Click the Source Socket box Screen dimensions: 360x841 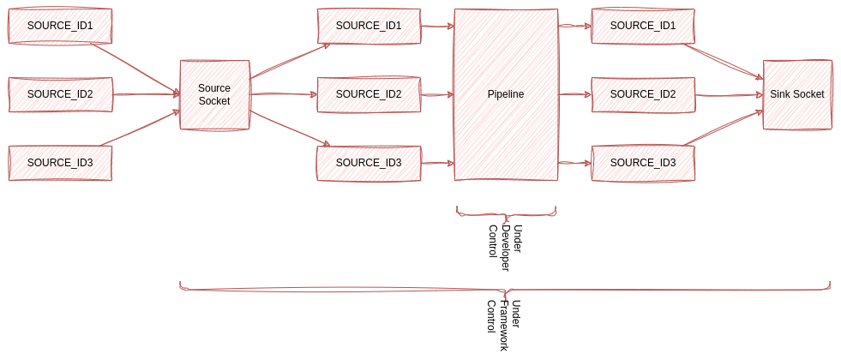214,94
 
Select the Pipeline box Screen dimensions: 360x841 506,94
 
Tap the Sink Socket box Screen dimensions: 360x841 797,94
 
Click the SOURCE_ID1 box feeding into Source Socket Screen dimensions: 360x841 60,26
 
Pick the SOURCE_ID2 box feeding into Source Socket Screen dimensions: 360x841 60,94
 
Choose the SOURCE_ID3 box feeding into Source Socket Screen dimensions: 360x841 60,163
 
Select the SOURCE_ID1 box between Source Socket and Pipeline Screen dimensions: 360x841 369,26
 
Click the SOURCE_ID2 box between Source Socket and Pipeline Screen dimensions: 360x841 369,94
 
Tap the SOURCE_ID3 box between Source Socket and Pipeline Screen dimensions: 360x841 369,163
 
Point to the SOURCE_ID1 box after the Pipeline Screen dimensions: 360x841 643,26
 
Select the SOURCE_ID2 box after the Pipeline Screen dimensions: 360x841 643,94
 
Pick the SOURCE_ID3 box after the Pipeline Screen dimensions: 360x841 643,163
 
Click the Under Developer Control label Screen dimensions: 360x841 505,247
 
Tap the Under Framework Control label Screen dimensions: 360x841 504,325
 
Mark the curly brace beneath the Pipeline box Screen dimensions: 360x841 506,212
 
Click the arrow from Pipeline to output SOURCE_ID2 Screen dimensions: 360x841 574,94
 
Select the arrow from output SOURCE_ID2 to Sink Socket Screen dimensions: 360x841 729,95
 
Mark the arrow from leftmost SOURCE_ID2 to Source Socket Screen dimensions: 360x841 146,94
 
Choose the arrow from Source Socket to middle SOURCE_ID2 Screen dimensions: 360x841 283,95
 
